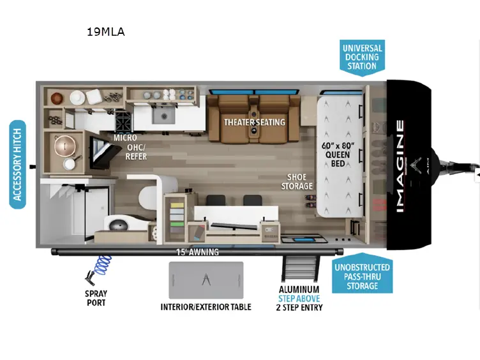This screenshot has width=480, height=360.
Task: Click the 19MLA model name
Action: pos(106,32)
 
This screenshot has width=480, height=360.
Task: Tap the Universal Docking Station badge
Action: pos(362,57)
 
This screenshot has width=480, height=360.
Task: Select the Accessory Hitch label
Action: pos(17,165)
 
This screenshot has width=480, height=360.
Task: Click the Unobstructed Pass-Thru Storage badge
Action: pos(362,273)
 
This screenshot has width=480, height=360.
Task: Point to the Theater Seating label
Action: pos(255,123)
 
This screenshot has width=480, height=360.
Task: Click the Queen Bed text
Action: pos(338,154)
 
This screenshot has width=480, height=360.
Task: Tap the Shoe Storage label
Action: pos(297,181)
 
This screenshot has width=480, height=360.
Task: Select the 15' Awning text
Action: pos(197,252)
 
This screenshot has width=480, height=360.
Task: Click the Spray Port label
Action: pos(96,298)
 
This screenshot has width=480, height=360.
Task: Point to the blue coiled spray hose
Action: pos(103,265)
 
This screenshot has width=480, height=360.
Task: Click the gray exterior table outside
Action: pos(206,280)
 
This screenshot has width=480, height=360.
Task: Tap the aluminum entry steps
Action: pos(299,269)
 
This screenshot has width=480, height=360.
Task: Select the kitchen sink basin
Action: pos(164,116)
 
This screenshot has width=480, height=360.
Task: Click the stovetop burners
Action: pos(123,121)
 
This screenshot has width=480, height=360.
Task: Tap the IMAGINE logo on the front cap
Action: pos(400,166)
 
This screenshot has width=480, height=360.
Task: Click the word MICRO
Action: pos(125,138)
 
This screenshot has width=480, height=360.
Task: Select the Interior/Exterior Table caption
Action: pos(206,307)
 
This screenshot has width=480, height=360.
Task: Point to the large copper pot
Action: pos(65,146)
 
